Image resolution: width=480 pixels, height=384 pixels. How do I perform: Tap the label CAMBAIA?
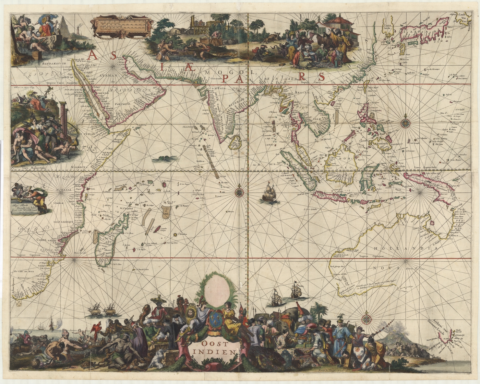[216, 88]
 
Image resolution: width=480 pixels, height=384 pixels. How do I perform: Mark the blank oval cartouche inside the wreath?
[217, 291]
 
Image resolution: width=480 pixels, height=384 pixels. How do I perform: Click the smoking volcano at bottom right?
[399, 335]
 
